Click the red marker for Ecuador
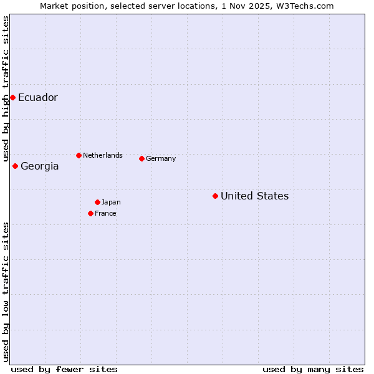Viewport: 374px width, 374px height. pyautogui.click(x=12, y=97)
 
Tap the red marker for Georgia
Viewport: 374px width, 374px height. pyautogui.click(x=15, y=166)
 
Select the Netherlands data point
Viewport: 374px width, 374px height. pyautogui.click(x=79, y=155)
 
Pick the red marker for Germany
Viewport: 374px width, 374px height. pyautogui.click(x=141, y=158)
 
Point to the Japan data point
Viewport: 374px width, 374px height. pyautogui.click(x=97, y=202)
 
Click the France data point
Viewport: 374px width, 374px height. pyautogui.click(x=90, y=213)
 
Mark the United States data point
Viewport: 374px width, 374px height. pyautogui.click(x=215, y=196)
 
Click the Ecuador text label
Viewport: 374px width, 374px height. pyautogui.click(x=38, y=98)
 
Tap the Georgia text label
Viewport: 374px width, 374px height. pyautogui.click(x=40, y=166)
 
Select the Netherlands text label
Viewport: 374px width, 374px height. pyautogui.click(x=103, y=155)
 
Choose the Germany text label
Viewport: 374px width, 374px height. pyautogui.click(x=161, y=159)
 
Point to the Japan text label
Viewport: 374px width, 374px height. pyautogui.click(x=111, y=203)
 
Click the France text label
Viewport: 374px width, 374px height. pyautogui.click(x=105, y=214)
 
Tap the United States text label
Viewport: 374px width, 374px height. pyautogui.click(x=254, y=196)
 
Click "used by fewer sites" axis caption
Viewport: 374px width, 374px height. pyautogui.click(x=64, y=369)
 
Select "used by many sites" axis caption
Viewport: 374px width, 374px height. pyautogui.click(x=313, y=369)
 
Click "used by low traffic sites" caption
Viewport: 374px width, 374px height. pyautogui.click(x=6, y=292)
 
